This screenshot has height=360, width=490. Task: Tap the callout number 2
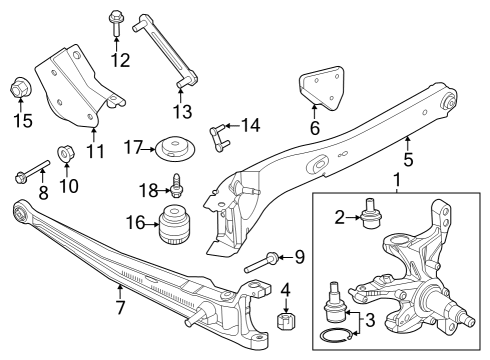click(340, 215)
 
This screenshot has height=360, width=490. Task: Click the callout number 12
click(120, 60)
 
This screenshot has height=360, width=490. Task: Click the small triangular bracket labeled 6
click(321, 87)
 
